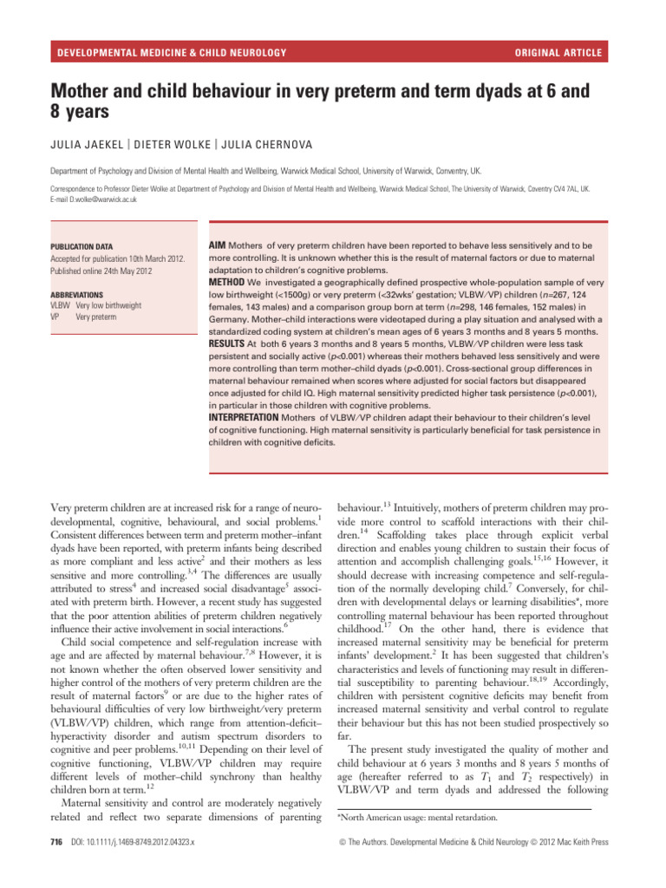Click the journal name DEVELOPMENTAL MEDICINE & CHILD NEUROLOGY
click(171, 54)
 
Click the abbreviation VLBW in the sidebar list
click(60, 305)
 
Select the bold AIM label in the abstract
click(219, 246)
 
